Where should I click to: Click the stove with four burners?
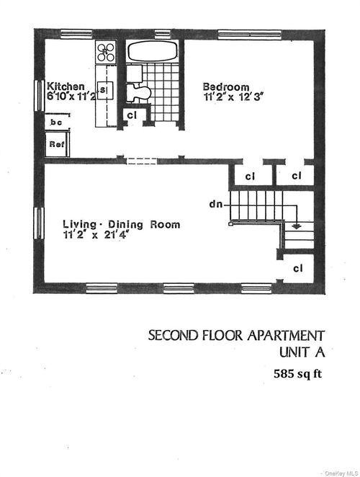[x=107, y=50]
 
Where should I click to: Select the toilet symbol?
[x=138, y=92]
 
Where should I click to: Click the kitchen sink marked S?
[x=104, y=89]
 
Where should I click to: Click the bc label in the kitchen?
[x=55, y=123]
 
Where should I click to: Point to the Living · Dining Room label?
[x=121, y=224]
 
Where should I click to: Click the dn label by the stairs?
[x=215, y=205]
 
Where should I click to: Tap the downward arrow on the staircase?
[x=296, y=226]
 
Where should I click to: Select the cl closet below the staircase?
[x=297, y=268]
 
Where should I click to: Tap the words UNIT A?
[x=301, y=352]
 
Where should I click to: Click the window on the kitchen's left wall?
[x=39, y=96]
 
